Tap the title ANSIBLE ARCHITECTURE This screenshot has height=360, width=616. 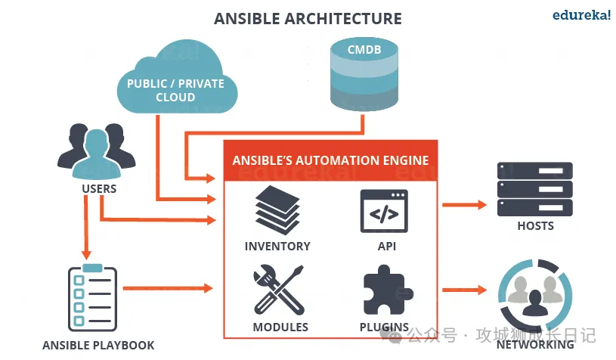(308, 18)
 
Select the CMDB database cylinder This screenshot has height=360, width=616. (364, 75)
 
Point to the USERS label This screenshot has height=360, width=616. (99, 188)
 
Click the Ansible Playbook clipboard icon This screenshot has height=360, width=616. (91, 298)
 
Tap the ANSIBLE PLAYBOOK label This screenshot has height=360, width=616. (98, 346)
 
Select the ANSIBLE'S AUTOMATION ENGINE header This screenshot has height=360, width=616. (330, 160)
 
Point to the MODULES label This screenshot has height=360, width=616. (280, 327)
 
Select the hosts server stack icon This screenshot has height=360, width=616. (534, 188)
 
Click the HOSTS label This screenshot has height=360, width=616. (535, 225)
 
